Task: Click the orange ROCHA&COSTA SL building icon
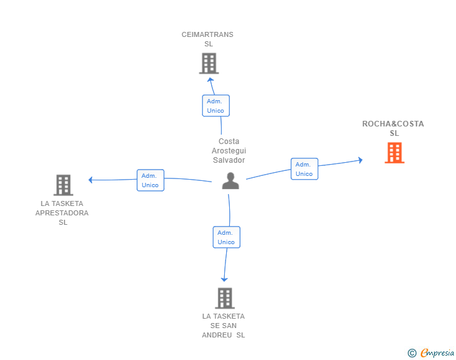[x=394, y=153]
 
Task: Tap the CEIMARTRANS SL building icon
[x=209, y=63]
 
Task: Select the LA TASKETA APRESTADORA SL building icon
[x=63, y=185]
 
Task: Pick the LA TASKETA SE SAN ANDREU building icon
[x=225, y=298]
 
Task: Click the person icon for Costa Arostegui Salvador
[x=231, y=181]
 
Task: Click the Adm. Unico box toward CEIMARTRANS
[x=215, y=106]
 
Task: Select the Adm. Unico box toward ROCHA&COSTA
[x=304, y=169]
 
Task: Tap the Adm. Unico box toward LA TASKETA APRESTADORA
[x=150, y=180]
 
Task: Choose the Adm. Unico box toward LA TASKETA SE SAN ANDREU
[x=226, y=237]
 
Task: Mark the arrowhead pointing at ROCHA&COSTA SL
[x=360, y=160]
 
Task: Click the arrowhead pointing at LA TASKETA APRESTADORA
[x=91, y=180]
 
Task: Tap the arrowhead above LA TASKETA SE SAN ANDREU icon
[x=224, y=279]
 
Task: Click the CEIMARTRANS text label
[x=207, y=34]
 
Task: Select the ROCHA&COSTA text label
[x=393, y=124]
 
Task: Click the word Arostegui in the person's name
[x=229, y=151]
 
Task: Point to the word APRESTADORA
[x=61, y=213]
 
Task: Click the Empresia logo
[x=437, y=353]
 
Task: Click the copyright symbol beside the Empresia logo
[x=412, y=353]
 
